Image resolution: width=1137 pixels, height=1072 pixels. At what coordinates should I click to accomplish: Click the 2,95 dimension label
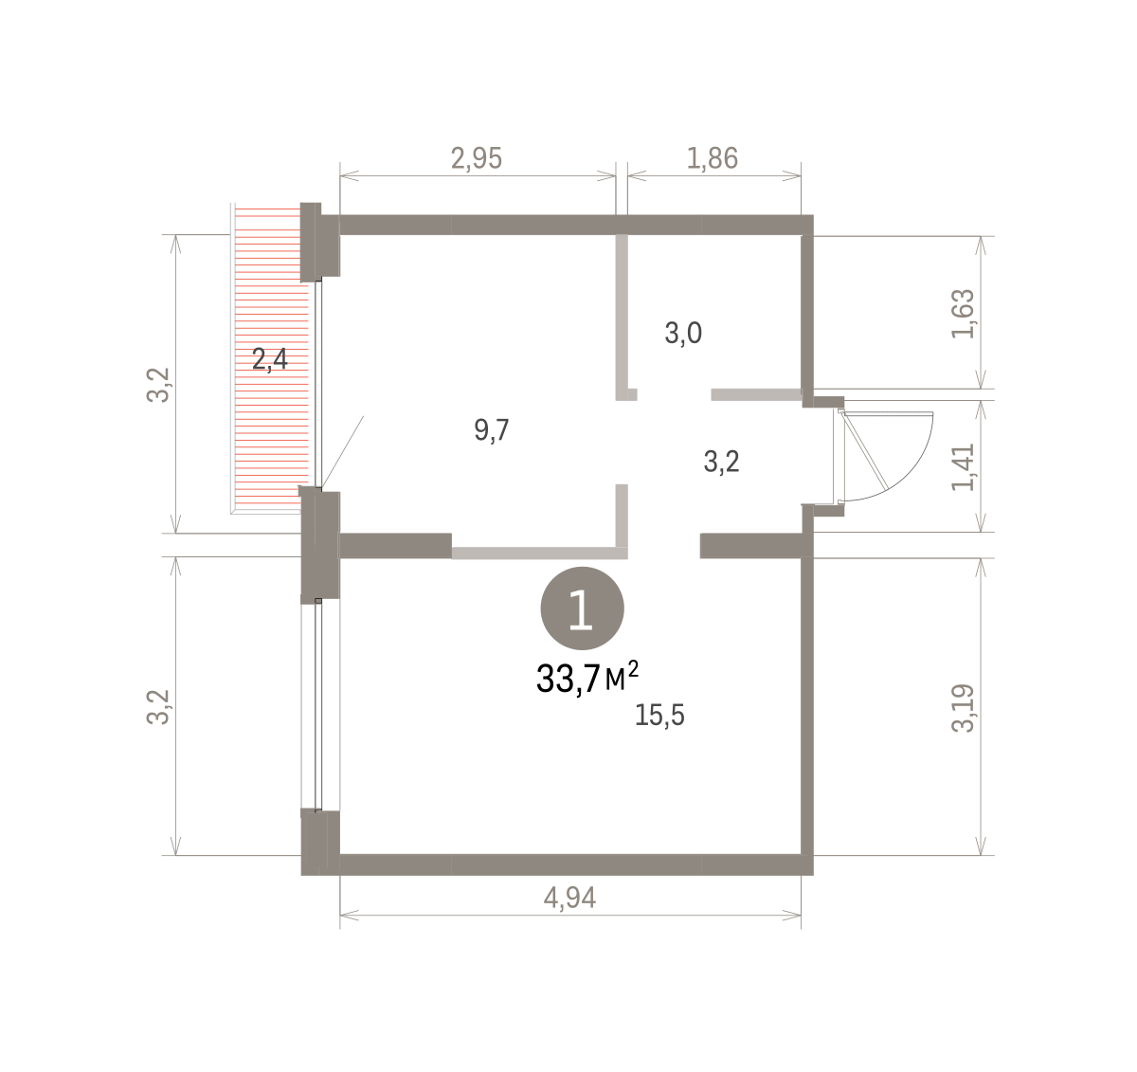click(477, 158)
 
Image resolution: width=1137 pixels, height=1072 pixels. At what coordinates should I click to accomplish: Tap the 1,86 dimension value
click(713, 158)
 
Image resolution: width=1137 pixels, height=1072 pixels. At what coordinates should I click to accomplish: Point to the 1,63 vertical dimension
click(963, 314)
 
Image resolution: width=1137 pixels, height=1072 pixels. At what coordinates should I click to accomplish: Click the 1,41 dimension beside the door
click(963, 467)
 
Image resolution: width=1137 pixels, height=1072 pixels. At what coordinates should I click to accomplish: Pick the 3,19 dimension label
click(963, 708)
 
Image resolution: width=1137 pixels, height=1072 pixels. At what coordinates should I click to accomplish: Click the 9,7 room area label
click(492, 429)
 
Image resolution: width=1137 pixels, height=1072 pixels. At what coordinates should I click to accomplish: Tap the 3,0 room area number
click(683, 333)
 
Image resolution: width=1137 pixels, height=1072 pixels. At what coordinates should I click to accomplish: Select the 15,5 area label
click(659, 715)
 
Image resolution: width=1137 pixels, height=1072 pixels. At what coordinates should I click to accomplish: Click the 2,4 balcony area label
click(270, 360)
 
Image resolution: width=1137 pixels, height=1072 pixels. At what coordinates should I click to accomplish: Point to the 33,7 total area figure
click(568, 679)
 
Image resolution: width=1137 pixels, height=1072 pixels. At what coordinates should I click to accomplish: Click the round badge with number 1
click(583, 608)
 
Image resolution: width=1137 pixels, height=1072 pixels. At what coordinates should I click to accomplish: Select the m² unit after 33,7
click(622, 676)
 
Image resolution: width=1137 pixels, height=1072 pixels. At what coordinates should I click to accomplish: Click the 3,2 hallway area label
click(721, 462)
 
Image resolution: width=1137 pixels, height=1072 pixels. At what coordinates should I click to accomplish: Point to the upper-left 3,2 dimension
click(158, 385)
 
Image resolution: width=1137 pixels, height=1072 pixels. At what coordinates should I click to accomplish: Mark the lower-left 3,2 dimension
click(158, 707)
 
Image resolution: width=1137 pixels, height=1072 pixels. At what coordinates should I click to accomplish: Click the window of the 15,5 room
click(320, 705)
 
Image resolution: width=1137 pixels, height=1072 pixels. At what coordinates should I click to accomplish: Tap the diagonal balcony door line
click(343, 452)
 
